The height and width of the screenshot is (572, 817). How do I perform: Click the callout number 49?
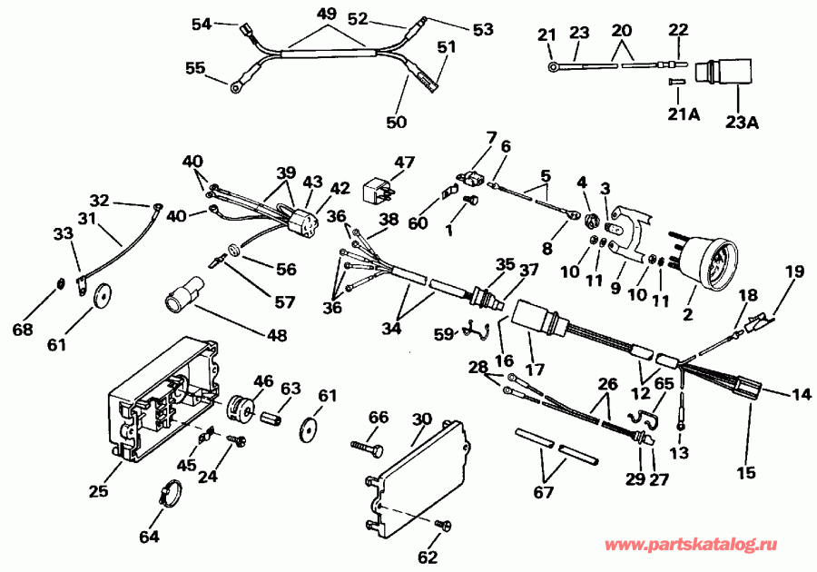[x=326, y=14]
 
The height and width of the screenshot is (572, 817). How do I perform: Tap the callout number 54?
[x=201, y=24]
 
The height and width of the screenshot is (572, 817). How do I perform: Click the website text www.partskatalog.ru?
[x=691, y=546]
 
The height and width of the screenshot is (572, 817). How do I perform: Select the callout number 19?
[x=794, y=271]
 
